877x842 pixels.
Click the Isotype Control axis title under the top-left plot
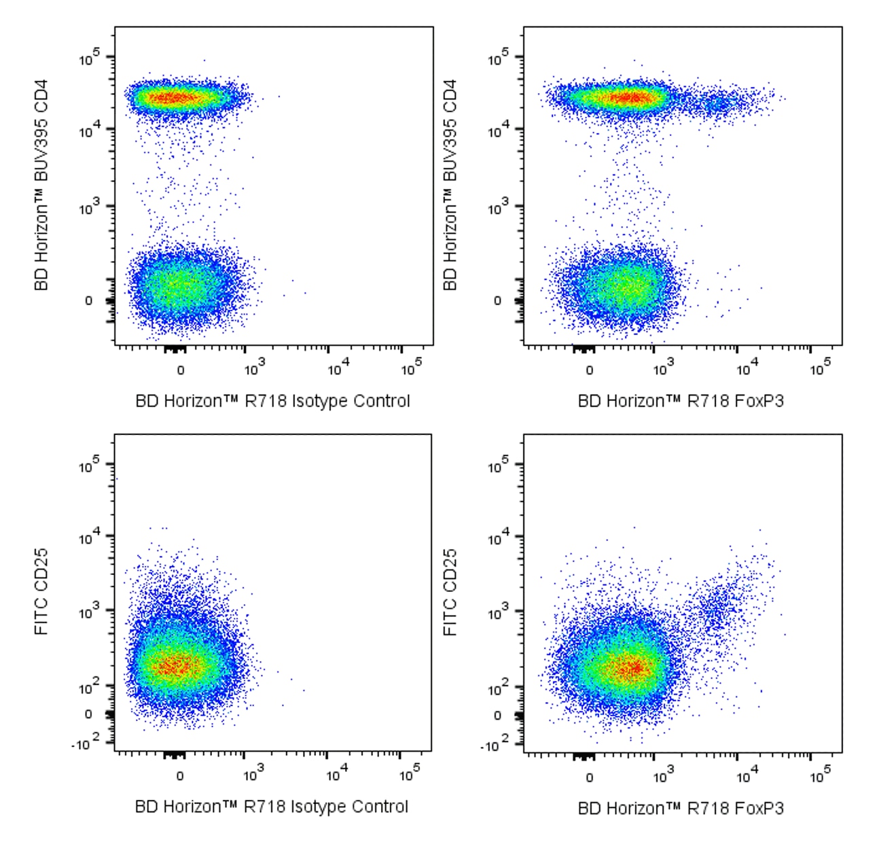tap(273, 401)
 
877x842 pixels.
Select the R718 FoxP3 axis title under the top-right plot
tap(681, 401)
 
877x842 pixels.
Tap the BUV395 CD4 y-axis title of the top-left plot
tap(41, 185)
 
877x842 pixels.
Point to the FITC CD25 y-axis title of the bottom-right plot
tap(450, 592)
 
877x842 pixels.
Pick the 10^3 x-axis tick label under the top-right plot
tap(662, 369)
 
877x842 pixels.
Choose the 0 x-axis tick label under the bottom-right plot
tap(589, 777)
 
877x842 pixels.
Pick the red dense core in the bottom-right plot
tap(630, 668)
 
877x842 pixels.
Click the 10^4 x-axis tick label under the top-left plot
tap(338, 368)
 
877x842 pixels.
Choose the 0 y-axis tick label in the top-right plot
tap(498, 300)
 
